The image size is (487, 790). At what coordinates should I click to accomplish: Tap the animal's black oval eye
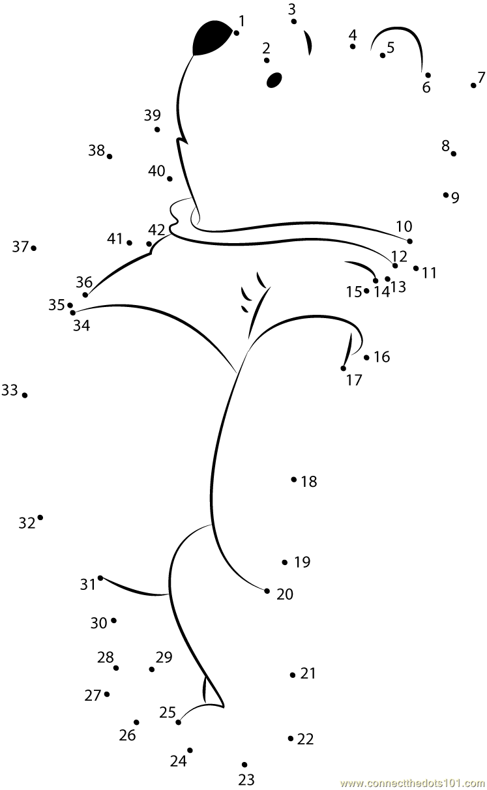pyautogui.click(x=274, y=80)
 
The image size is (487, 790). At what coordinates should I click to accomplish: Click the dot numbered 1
pyautogui.click(x=236, y=33)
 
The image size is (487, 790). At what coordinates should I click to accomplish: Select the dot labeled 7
pyautogui.click(x=473, y=85)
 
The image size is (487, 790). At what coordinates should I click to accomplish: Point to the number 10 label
pyautogui.click(x=404, y=226)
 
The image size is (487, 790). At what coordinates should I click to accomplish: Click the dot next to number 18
pyautogui.click(x=294, y=480)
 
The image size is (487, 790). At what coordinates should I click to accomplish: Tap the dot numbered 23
pyautogui.click(x=244, y=765)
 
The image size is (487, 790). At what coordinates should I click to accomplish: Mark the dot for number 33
pyautogui.click(x=25, y=395)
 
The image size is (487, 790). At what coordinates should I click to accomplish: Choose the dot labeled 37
pyautogui.click(x=33, y=248)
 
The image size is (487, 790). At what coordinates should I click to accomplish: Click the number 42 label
pyautogui.click(x=156, y=230)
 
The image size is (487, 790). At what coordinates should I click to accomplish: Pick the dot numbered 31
pyautogui.click(x=100, y=578)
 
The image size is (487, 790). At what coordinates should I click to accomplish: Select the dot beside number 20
pyautogui.click(x=267, y=591)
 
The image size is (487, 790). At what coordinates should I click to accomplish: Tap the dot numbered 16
pyautogui.click(x=366, y=357)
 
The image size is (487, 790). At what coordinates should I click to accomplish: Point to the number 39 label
pyautogui.click(x=152, y=115)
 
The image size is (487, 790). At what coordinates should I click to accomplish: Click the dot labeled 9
pyautogui.click(x=446, y=194)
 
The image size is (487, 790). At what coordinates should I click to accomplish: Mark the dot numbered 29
pyautogui.click(x=151, y=669)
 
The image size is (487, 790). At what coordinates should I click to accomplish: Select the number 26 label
pyautogui.click(x=127, y=735)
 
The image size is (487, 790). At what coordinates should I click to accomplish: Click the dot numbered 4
pyautogui.click(x=353, y=46)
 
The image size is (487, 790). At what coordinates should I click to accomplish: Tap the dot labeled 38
pyautogui.click(x=110, y=156)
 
